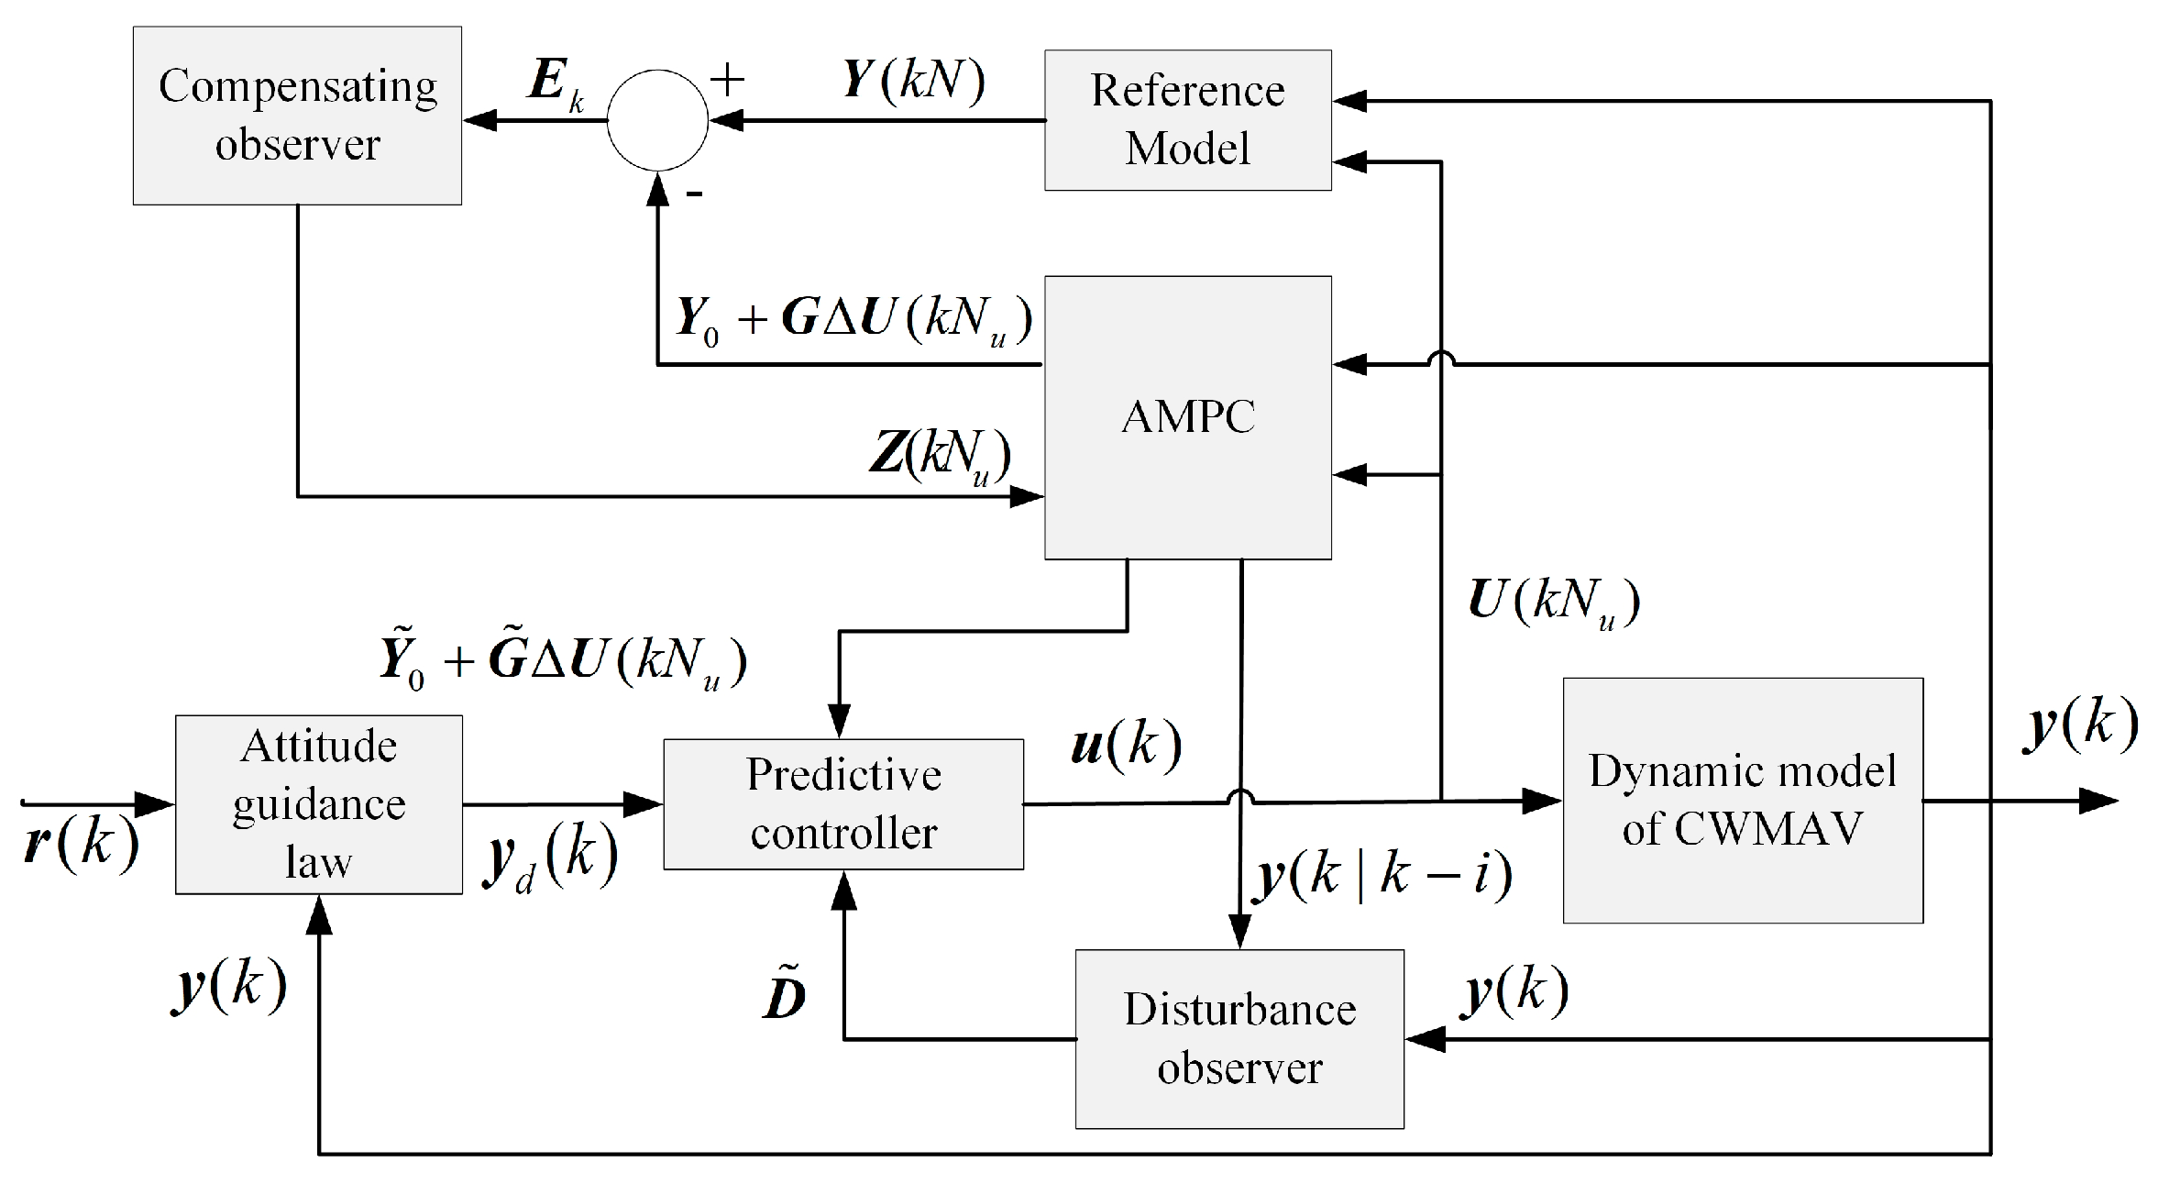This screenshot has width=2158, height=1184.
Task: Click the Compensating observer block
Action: coord(297,116)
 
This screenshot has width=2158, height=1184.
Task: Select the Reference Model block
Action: coord(1187,120)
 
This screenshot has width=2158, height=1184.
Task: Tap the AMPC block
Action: coord(1187,417)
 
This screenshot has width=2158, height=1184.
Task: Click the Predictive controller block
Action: coord(842,803)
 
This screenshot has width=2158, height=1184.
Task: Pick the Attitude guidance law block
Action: coord(318,803)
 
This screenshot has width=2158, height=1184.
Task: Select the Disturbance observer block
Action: coord(1239,1038)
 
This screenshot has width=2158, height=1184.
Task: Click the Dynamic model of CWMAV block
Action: coord(1742,800)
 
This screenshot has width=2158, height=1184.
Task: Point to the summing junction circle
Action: coord(657,120)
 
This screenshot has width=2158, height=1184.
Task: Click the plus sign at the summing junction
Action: coord(727,81)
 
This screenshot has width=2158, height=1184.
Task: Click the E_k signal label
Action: coord(556,84)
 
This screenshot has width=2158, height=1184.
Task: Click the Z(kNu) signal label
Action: coord(941,456)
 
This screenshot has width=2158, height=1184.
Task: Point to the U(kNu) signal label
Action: coord(1553,603)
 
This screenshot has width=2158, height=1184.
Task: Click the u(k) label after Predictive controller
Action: coord(1126,745)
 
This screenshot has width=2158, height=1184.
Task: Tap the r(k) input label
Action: coord(81,842)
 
